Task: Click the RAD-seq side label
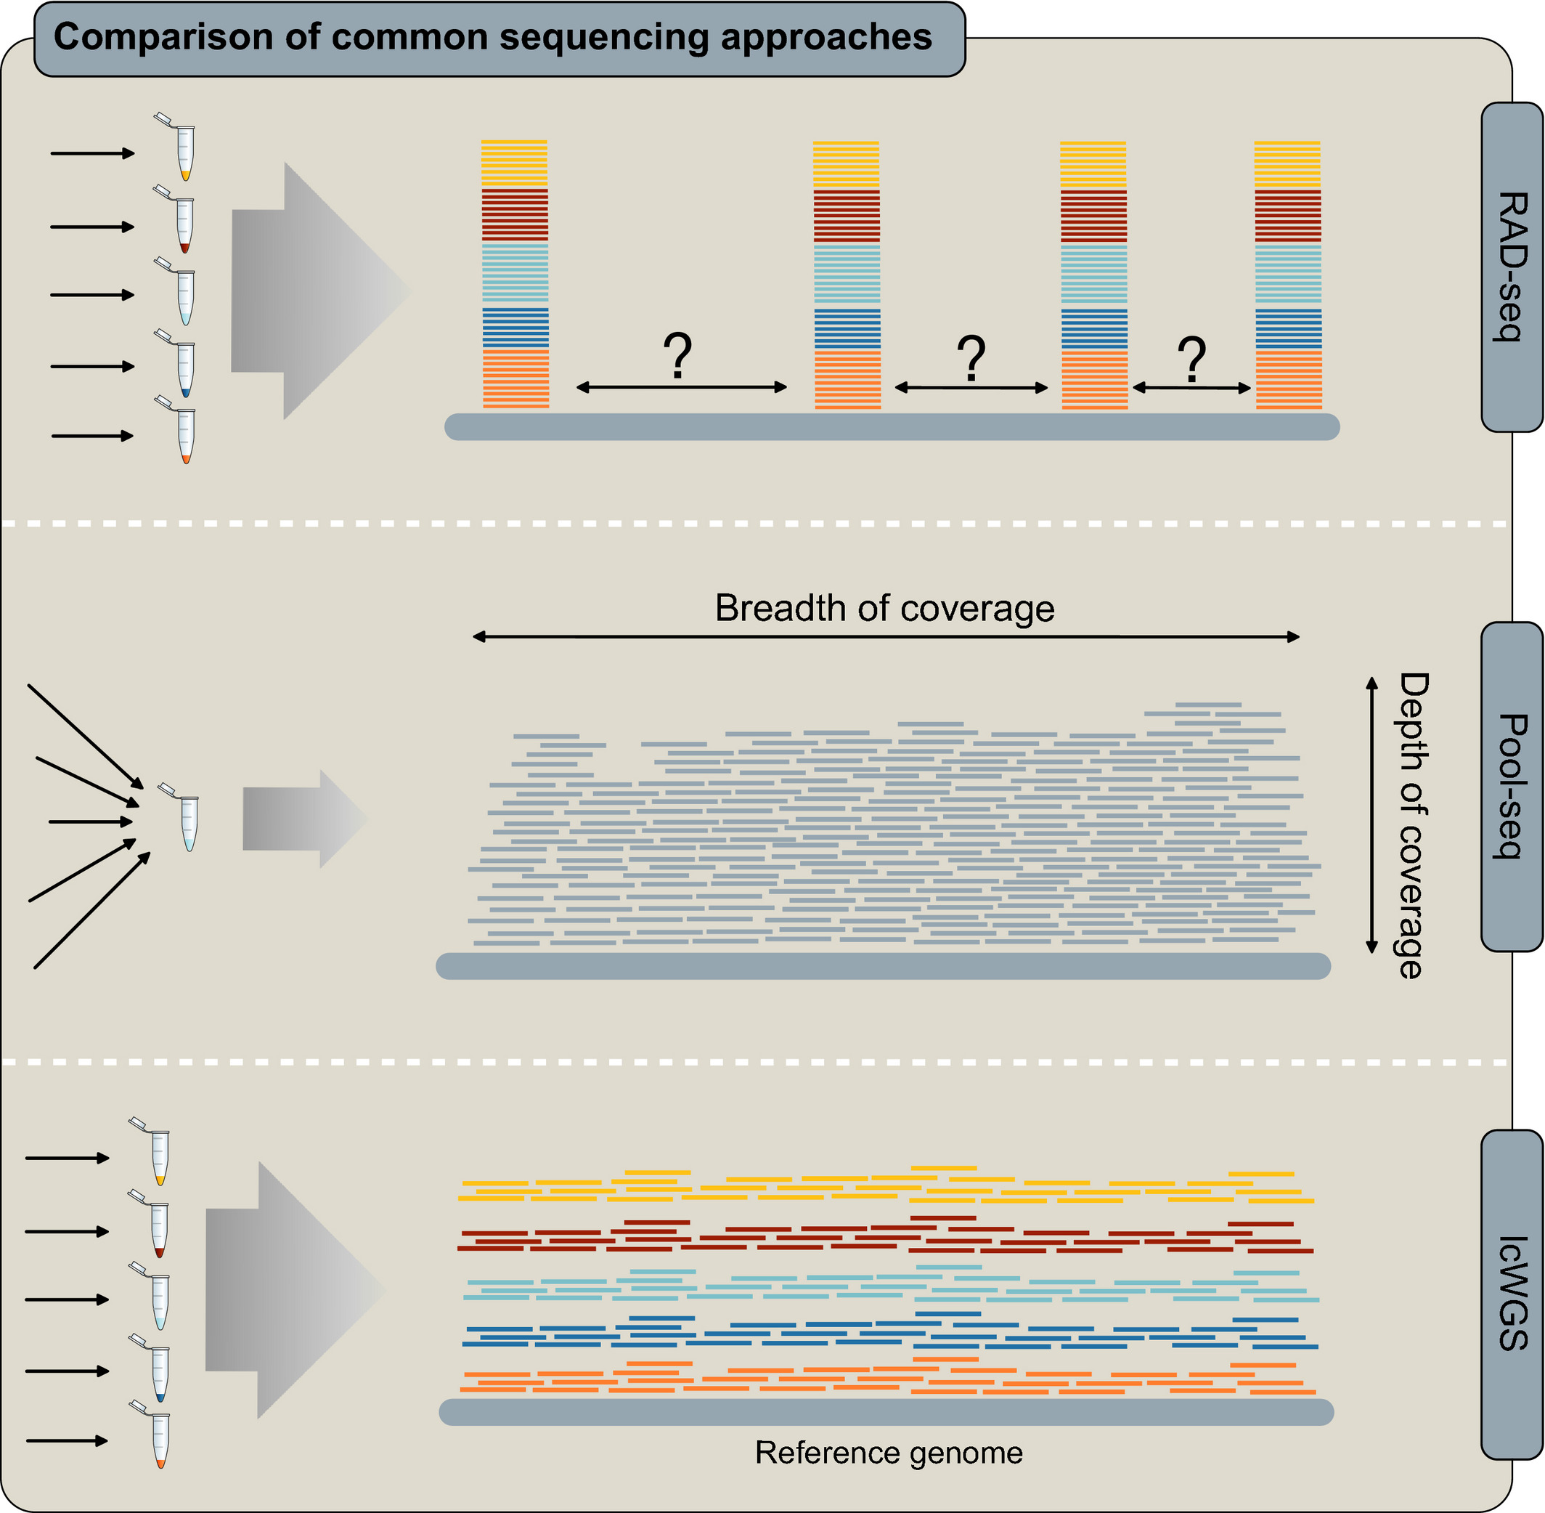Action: (x=1512, y=267)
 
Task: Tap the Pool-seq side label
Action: (x=1512, y=787)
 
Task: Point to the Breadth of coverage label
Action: (x=884, y=609)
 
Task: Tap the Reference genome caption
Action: (x=888, y=1453)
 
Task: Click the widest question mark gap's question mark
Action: (x=677, y=355)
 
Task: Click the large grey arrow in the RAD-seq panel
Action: (x=318, y=291)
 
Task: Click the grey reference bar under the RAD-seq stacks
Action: (x=892, y=426)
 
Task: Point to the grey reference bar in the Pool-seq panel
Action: (x=883, y=966)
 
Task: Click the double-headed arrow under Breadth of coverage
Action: (x=885, y=636)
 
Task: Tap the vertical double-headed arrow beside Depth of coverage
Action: (x=1371, y=815)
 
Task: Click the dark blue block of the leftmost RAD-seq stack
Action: (x=515, y=328)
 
